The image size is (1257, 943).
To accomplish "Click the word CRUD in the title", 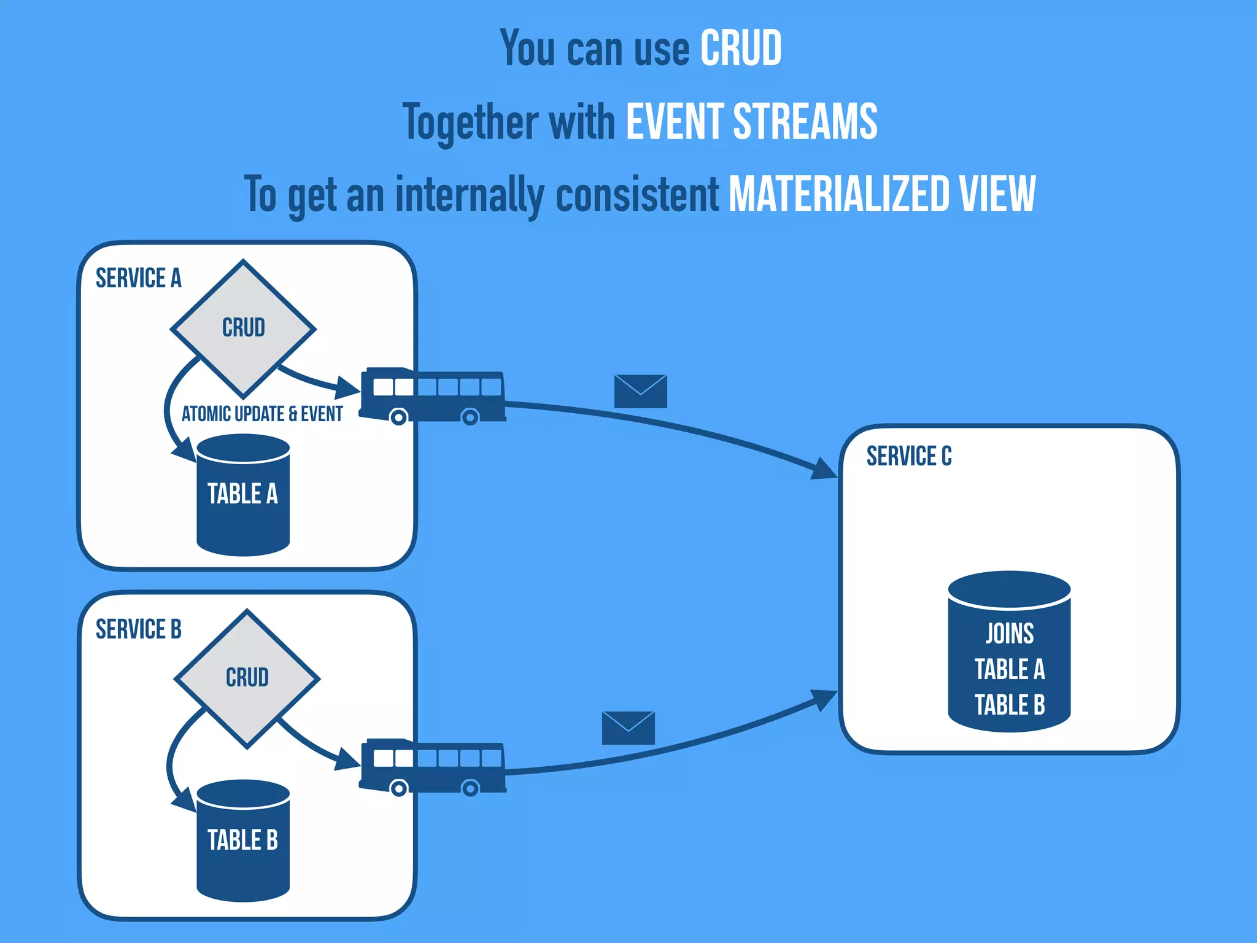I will (741, 49).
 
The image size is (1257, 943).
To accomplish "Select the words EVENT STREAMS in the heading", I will (751, 122).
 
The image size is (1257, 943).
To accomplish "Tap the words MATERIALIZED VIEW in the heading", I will (882, 195).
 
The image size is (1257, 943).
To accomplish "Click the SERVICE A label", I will (139, 278).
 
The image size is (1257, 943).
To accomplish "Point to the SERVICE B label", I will (139, 629).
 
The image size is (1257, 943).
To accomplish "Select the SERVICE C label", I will (909, 456).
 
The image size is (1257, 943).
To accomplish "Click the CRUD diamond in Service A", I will (244, 328).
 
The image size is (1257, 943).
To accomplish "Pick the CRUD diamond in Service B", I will (247, 678).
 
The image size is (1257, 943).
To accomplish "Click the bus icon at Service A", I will (433, 395).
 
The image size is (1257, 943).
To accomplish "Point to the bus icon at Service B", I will (433, 766).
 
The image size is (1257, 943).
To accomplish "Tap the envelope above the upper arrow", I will (640, 391).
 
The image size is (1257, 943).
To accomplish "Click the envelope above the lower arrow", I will (628, 728).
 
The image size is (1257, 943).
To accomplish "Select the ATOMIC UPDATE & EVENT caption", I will (262, 414).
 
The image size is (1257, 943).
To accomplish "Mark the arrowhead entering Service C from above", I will (824, 469).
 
